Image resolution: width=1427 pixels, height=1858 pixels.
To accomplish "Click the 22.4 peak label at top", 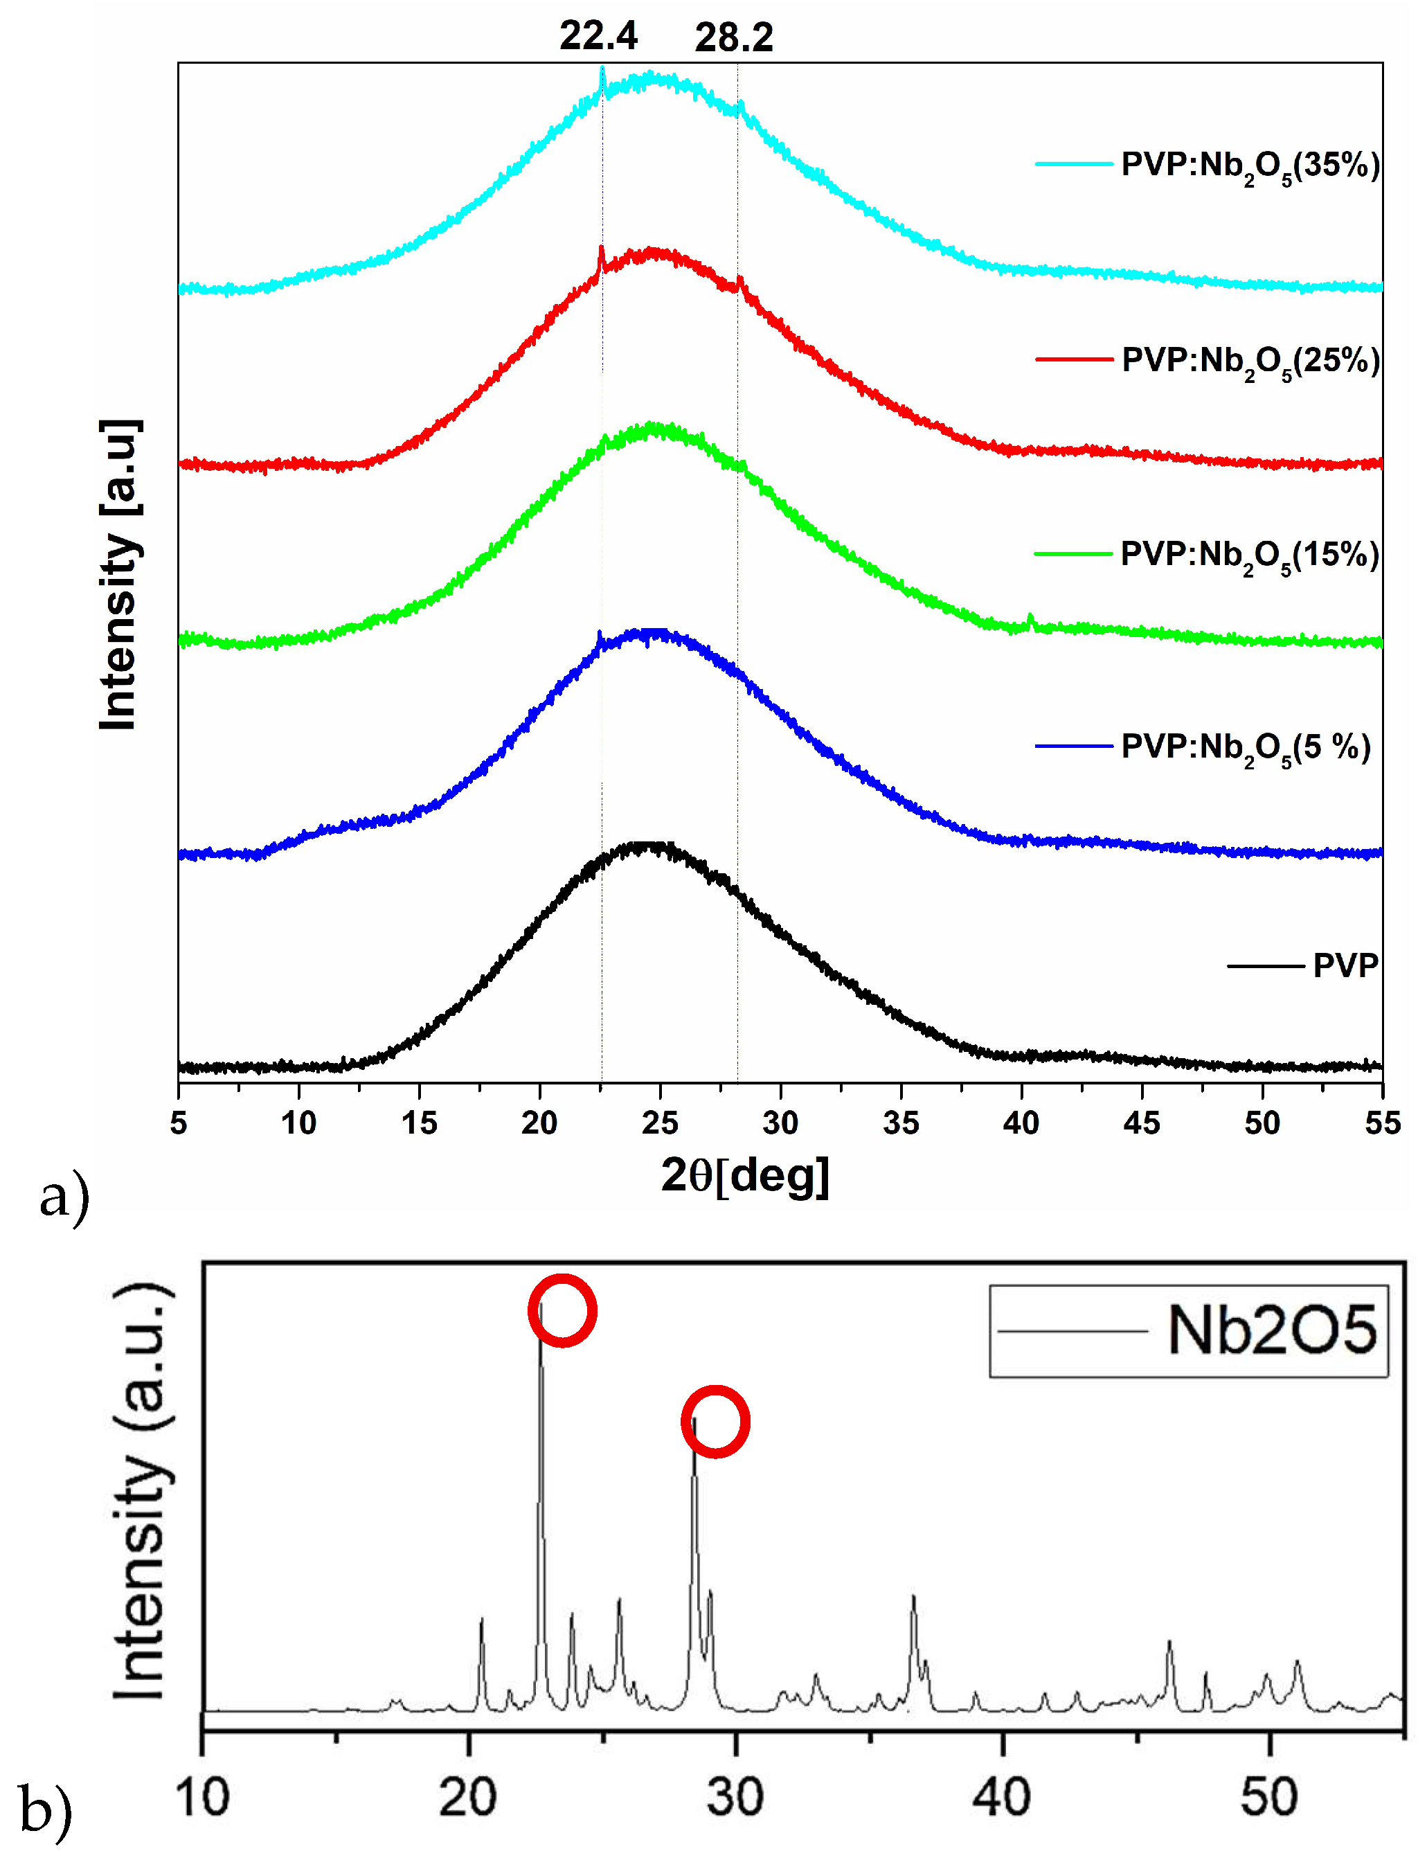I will click(598, 37).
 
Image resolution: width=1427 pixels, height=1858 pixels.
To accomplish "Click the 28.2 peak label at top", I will click(734, 38).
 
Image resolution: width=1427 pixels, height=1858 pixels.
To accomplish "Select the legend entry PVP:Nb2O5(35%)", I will click(1250, 165).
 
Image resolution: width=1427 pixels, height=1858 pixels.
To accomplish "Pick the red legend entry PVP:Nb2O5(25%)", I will click(1250, 360).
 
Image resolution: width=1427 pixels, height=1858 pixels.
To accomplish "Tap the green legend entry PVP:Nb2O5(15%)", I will click(1250, 555).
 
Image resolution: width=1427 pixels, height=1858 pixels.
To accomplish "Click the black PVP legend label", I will click(1345, 966).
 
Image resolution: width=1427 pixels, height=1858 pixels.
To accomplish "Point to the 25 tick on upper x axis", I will click(660, 1123).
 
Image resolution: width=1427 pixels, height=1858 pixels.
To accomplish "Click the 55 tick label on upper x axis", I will click(1382, 1123).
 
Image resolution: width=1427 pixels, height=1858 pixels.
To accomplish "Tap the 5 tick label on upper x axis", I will click(179, 1123).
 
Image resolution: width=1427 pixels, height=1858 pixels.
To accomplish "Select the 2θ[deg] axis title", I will click(745, 1177).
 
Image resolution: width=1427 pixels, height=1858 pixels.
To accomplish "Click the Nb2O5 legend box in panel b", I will click(1187, 1330).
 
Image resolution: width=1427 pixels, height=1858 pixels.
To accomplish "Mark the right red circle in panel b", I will click(715, 1421).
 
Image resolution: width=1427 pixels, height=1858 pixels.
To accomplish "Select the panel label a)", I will click(64, 1198).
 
